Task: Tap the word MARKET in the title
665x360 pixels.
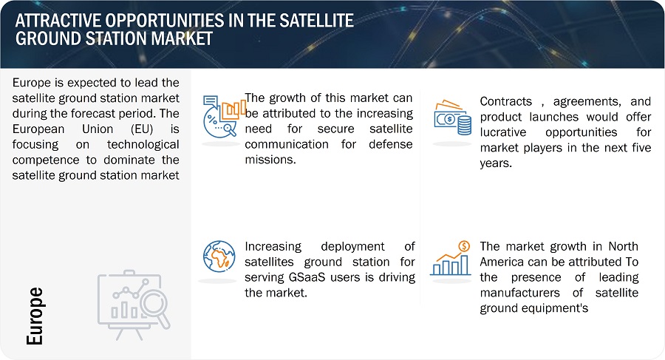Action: click(182, 38)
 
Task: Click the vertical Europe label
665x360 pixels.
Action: click(35, 316)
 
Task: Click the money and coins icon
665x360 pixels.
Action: click(452, 118)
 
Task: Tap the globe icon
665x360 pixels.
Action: click(219, 257)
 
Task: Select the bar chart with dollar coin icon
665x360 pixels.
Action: click(451, 258)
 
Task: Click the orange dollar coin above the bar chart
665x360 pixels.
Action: click(465, 246)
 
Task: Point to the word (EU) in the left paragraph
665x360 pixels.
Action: click(142, 129)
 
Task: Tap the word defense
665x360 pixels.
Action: click(391, 144)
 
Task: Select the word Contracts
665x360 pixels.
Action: click(506, 101)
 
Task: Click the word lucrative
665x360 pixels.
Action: click(503, 132)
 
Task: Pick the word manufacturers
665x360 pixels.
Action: click(520, 293)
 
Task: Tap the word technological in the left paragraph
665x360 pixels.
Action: click(143, 144)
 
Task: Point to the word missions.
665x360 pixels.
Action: click(270, 160)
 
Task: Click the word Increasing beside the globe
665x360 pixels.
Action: click(273, 247)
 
